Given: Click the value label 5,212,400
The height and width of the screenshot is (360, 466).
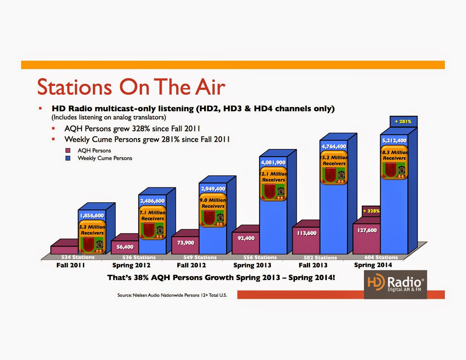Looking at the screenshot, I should click(394, 140).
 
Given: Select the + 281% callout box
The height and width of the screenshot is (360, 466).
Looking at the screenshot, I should click(403, 121).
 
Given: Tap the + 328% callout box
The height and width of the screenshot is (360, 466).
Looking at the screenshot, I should click(371, 211).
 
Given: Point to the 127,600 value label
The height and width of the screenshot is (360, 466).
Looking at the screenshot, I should click(367, 230).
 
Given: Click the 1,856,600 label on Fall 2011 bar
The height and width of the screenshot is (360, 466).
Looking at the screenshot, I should click(92, 216).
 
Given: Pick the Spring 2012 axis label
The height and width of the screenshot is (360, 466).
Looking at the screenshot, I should click(131, 265).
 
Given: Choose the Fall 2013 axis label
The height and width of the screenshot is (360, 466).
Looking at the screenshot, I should click(313, 265).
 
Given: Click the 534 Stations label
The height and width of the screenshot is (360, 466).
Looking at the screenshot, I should click(78, 257).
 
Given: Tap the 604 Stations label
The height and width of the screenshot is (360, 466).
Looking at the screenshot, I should click(381, 257).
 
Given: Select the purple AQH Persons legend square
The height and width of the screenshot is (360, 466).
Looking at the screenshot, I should click(68, 151).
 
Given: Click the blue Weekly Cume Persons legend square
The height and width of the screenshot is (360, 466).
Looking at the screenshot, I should click(68, 158).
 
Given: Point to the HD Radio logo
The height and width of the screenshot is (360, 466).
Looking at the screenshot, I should click(395, 285).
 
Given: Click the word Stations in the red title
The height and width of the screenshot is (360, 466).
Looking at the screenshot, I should click(75, 87).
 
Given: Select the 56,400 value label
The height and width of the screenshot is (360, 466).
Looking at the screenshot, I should click(125, 247).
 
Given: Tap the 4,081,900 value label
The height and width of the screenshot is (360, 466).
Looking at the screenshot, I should click(273, 163).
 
